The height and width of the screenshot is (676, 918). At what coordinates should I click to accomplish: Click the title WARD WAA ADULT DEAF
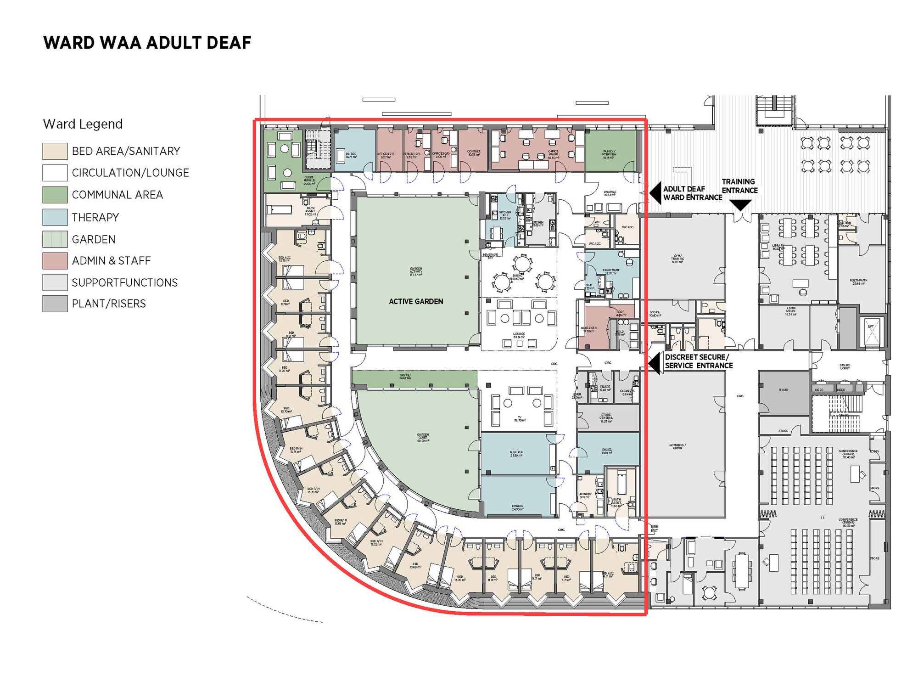coord(147,43)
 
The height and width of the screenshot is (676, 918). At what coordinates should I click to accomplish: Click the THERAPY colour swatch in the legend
coord(55,217)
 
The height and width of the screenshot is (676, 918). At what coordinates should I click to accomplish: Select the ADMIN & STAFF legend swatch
coord(55,260)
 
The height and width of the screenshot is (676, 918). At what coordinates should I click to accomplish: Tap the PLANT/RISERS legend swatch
coord(55,304)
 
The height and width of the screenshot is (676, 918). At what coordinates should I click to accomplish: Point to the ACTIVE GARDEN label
coord(416,302)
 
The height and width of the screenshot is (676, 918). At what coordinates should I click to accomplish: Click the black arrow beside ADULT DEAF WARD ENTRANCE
coord(655,193)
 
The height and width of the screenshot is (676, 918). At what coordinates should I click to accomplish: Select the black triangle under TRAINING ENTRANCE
coord(740,205)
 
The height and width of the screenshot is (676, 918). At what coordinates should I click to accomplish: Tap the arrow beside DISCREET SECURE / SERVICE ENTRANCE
coord(655,363)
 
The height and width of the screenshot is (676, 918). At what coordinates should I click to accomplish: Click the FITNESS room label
coord(517,507)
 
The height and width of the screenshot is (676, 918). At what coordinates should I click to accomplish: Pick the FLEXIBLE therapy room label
coord(516,454)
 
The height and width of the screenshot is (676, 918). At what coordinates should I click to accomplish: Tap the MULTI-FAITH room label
coord(858,282)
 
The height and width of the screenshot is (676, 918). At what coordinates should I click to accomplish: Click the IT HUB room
coord(783,390)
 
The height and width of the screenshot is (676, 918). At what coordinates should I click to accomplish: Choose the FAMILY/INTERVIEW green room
coord(610,154)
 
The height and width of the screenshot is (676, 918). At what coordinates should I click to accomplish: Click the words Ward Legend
coord(83,124)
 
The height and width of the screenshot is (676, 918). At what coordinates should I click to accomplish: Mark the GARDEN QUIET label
coord(423,437)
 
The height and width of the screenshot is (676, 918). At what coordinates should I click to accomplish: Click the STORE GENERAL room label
coord(606,417)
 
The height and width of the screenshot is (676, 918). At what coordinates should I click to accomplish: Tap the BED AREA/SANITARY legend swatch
coord(55,151)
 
